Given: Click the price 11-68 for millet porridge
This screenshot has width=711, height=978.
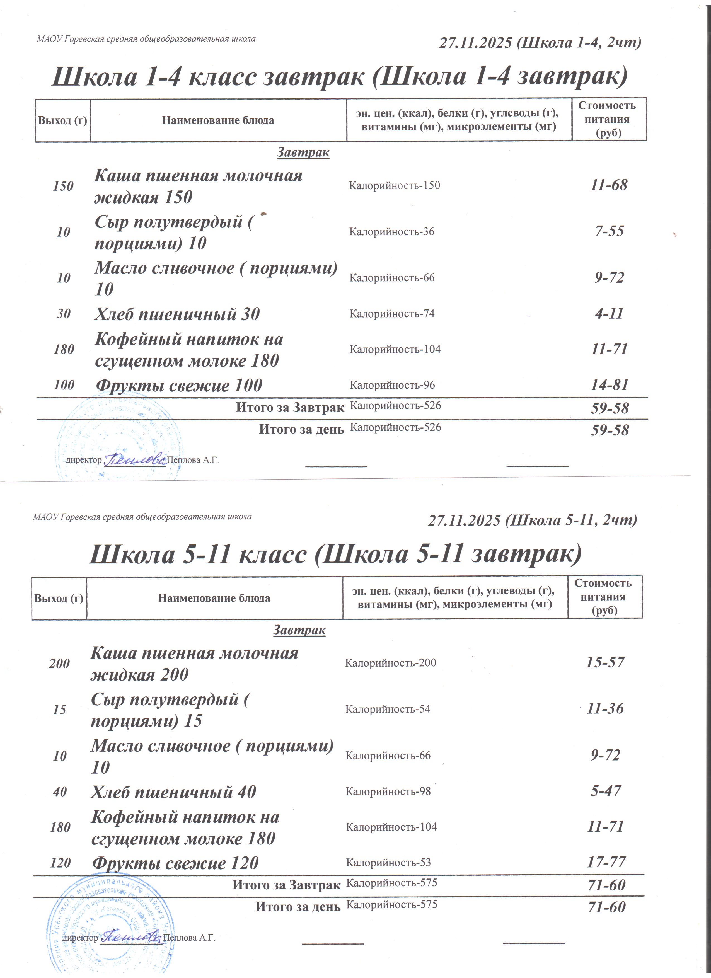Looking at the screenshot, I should point(609,185).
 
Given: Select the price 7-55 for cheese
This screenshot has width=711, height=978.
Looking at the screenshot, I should point(609,232).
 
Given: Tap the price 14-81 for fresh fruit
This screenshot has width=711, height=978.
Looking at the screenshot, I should point(609,385).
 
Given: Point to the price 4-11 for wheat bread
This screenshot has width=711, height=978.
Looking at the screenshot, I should point(609,313).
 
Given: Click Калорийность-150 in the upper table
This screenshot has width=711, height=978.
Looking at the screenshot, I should point(394,186).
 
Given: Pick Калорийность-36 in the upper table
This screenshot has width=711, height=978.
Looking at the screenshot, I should point(391,232).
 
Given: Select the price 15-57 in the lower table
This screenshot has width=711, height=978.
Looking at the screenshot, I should point(605,662).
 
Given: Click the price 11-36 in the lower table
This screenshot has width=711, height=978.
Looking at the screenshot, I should point(605,708).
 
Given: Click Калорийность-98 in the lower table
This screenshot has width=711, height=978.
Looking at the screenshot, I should point(388,791).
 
